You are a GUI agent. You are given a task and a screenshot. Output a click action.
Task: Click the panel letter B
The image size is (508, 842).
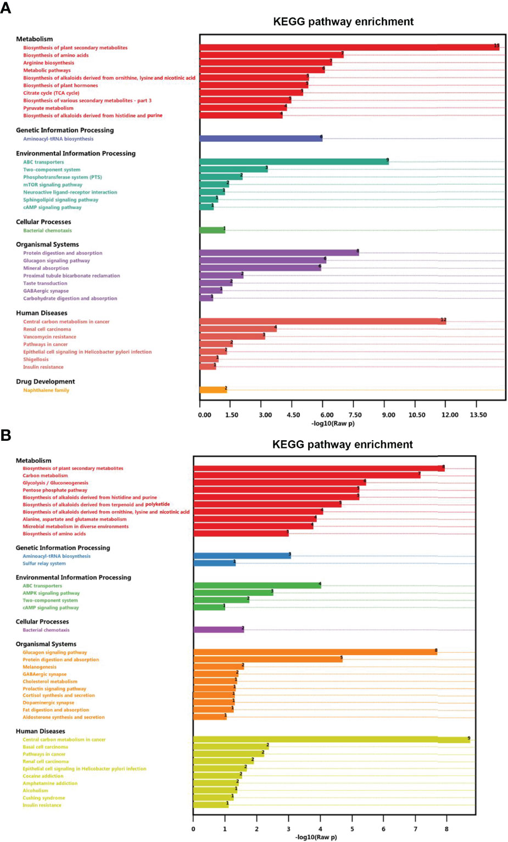(x=5, y=435)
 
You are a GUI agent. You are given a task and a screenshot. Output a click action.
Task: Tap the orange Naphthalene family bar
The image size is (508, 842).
(x=213, y=390)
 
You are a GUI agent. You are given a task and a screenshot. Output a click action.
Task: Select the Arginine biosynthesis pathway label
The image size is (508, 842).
(x=48, y=63)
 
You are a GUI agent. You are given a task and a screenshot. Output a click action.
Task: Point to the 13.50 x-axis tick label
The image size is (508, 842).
(x=478, y=415)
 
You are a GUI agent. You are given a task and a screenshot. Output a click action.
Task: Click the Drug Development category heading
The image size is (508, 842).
(x=45, y=381)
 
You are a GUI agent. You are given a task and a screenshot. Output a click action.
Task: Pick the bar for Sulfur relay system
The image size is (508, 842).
(x=214, y=563)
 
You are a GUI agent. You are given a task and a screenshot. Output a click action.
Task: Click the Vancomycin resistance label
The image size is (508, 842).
(x=49, y=337)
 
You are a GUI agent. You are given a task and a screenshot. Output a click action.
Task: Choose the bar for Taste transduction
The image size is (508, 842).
(x=216, y=283)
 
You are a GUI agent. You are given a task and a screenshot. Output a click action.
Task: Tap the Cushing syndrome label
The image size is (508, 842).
(x=43, y=797)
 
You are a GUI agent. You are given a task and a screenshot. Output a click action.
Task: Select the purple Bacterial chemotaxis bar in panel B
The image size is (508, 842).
(x=219, y=630)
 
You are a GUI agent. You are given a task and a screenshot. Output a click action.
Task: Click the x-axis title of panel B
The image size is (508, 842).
(x=316, y=837)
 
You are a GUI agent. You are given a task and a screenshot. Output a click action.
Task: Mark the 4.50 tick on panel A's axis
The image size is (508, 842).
(x=293, y=415)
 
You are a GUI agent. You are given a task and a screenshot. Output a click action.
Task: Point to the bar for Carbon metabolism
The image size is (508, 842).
(x=306, y=475)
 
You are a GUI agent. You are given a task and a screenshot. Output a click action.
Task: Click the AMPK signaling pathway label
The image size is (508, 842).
(x=51, y=593)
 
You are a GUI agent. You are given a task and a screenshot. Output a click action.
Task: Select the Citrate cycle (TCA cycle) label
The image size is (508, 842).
(x=51, y=93)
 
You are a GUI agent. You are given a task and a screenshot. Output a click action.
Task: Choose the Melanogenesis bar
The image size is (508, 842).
(x=219, y=667)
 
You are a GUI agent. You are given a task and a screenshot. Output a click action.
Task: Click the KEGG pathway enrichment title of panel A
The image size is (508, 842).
(x=343, y=22)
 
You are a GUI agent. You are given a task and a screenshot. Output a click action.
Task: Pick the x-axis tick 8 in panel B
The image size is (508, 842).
(x=446, y=828)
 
